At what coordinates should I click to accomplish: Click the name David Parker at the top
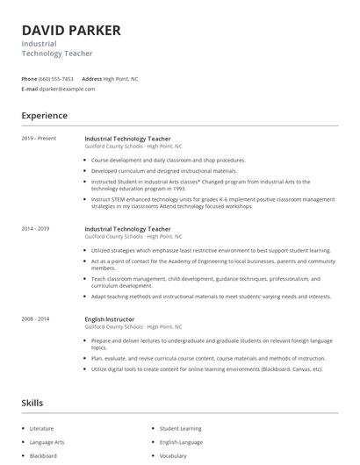(71, 31)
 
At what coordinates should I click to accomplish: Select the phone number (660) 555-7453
(56, 79)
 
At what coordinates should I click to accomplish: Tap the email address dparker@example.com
(67, 89)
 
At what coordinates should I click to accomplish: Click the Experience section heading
(44, 115)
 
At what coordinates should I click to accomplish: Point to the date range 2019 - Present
(39, 139)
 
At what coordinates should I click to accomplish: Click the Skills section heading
(32, 403)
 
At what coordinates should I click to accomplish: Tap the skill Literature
(41, 429)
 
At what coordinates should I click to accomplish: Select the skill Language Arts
(47, 442)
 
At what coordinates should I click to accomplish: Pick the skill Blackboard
(43, 456)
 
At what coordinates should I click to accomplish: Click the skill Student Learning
(180, 429)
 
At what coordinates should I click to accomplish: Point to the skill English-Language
(181, 442)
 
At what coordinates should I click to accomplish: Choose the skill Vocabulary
(173, 456)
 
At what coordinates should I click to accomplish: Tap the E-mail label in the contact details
(30, 89)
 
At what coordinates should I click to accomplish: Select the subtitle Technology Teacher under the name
(57, 54)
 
